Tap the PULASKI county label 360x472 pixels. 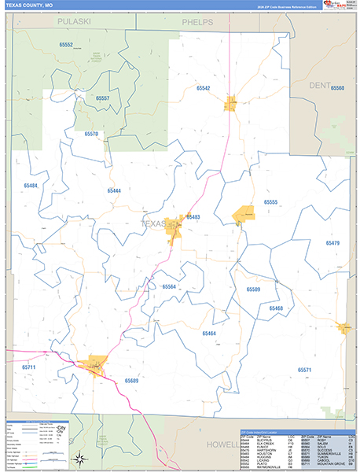(x=75, y=22)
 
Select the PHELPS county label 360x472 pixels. (x=197, y=22)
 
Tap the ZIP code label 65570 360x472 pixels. (x=91, y=135)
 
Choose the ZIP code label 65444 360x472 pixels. (x=114, y=191)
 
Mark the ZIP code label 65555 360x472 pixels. (x=271, y=202)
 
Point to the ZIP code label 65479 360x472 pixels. (x=332, y=243)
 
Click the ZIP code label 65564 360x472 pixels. (x=168, y=286)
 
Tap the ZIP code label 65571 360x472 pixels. (x=304, y=370)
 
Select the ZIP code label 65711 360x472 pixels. (x=29, y=367)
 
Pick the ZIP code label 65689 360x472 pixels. (x=130, y=380)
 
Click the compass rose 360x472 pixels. (x=79, y=459)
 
